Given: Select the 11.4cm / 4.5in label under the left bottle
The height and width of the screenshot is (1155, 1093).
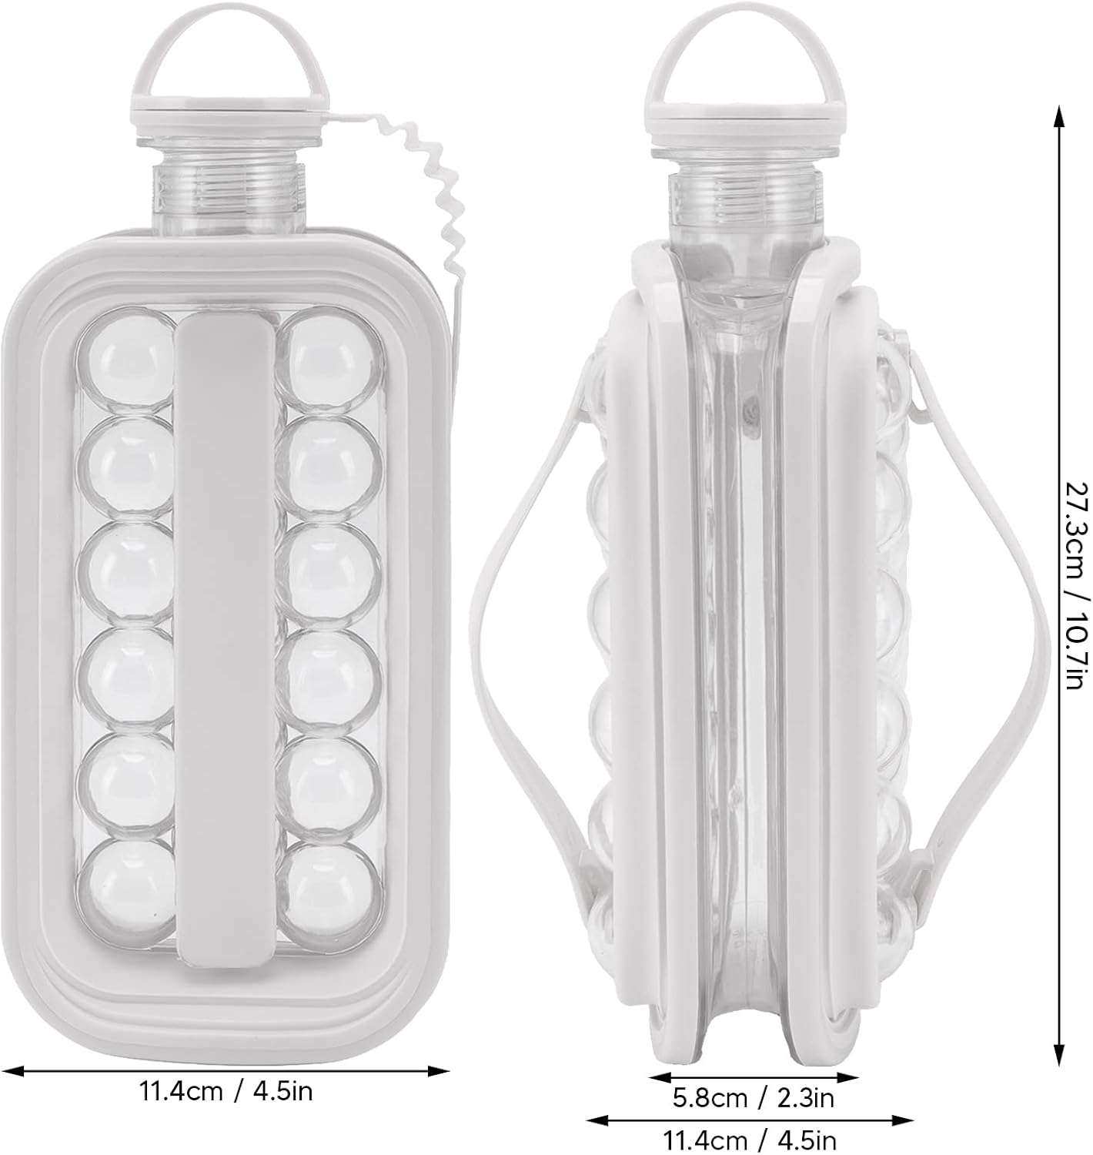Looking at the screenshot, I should coord(226,1090).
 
